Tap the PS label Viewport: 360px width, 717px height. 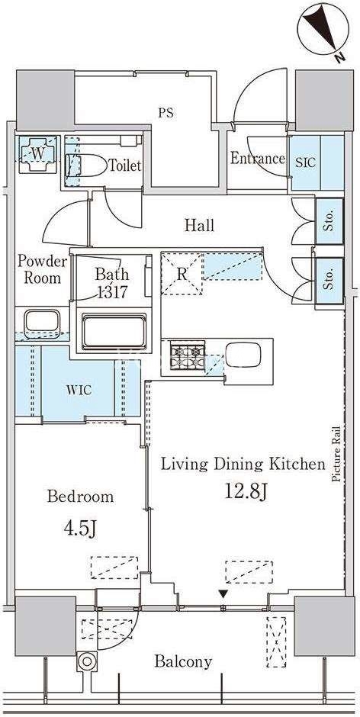coord(166,113)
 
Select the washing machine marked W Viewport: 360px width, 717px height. coord(38,154)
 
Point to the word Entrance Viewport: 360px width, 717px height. coord(258,159)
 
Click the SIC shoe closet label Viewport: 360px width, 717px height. coord(306,162)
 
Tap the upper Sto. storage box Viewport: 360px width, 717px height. coord(329,221)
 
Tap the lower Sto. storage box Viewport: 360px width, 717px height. coord(329,280)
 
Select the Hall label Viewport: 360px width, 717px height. coord(200,225)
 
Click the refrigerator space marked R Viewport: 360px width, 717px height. coord(182,274)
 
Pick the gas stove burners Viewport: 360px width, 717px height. coord(188,357)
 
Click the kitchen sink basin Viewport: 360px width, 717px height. coord(243,355)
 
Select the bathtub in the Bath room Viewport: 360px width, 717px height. coord(114,332)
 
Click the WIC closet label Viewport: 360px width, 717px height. coord(79,391)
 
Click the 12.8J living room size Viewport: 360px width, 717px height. coord(246,493)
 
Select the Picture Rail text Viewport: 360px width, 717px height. coord(336,454)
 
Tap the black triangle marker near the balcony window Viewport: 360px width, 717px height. coord(223,594)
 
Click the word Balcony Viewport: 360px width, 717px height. coord(183,661)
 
